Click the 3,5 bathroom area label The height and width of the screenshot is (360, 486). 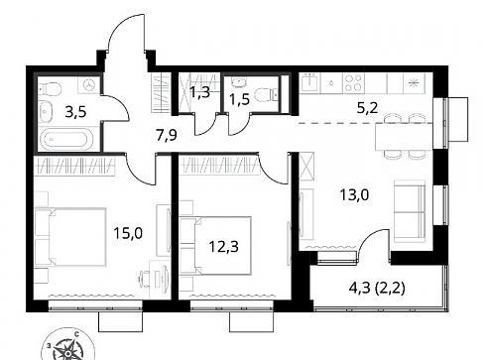75,112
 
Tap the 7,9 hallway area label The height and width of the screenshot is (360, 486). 167,136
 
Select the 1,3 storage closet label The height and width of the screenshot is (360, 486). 199,92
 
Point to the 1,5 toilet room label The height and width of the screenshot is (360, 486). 239,99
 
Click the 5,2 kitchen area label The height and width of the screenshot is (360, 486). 367,108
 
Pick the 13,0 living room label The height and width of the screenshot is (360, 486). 354,195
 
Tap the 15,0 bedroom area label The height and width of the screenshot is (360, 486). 128,233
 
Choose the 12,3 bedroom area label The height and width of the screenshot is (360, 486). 224,246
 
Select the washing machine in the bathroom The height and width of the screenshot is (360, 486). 89,84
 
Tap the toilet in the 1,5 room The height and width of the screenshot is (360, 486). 267,94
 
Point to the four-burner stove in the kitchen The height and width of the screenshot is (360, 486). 353,82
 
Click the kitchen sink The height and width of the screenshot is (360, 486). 310,82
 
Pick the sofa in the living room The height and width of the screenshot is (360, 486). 410,211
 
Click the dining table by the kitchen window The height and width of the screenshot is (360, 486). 404,137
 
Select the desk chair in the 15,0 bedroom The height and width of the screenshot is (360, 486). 146,279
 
